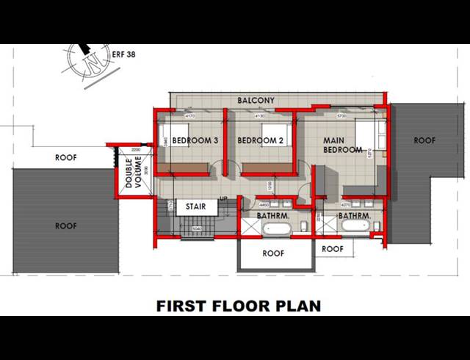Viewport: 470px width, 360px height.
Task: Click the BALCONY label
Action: (x=256, y=100)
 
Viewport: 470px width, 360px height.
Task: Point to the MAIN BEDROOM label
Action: (x=343, y=145)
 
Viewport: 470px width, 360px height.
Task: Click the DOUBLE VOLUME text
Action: (x=134, y=173)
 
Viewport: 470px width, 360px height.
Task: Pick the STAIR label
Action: (x=195, y=207)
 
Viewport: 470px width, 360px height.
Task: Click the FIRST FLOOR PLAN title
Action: (x=239, y=306)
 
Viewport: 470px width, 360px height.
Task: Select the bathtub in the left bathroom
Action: (x=277, y=228)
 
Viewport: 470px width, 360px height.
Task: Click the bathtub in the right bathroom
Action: (x=355, y=228)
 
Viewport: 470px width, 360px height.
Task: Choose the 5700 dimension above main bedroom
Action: (x=340, y=116)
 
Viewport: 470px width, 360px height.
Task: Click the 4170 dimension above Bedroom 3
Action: (x=189, y=116)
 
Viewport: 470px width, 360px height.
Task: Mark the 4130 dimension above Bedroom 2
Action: (x=259, y=116)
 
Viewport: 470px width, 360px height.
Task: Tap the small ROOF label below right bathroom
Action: (x=333, y=249)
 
